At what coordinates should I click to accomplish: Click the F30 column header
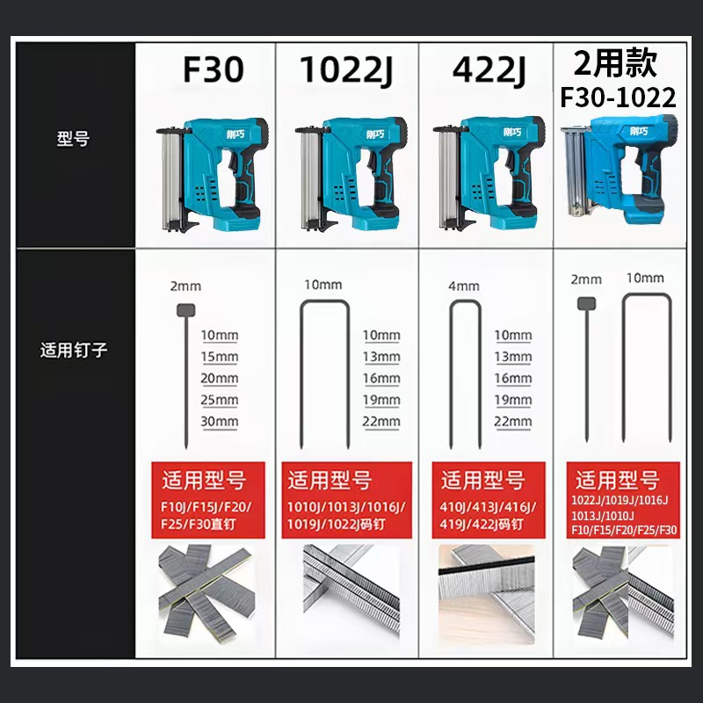pos(214,70)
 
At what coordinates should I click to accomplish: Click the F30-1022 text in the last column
pos(618,98)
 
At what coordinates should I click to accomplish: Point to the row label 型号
pos(73,139)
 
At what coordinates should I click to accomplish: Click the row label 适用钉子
pos(74,350)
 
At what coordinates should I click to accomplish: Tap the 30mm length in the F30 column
pos(219,422)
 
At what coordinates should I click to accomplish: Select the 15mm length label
pos(219,357)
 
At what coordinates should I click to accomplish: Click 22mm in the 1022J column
pos(381,422)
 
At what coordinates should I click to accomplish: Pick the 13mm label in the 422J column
pos(513,357)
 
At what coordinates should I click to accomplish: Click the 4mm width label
pos(464,286)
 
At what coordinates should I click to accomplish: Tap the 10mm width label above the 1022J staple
pos(323,285)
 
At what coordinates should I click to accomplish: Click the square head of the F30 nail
pos(186,310)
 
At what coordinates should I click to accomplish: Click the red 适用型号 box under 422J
pos(489,500)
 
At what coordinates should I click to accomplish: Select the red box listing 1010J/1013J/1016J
pos(346,500)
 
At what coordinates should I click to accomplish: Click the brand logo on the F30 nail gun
pos(236,134)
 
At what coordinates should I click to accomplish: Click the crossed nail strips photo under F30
pos(207,591)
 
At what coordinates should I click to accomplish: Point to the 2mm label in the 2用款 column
pos(586,279)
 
